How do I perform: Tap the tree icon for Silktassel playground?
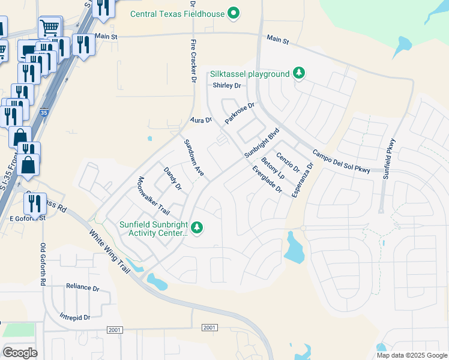(x=299, y=74)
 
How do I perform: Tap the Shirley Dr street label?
(x=226, y=86)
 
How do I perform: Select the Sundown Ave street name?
(x=194, y=158)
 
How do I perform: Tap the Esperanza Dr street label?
(x=303, y=179)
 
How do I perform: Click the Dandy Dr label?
(x=172, y=178)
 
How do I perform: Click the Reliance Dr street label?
(x=82, y=287)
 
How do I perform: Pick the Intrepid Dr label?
(x=74, y=316)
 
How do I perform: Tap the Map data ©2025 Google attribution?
(x=411, y=355)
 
